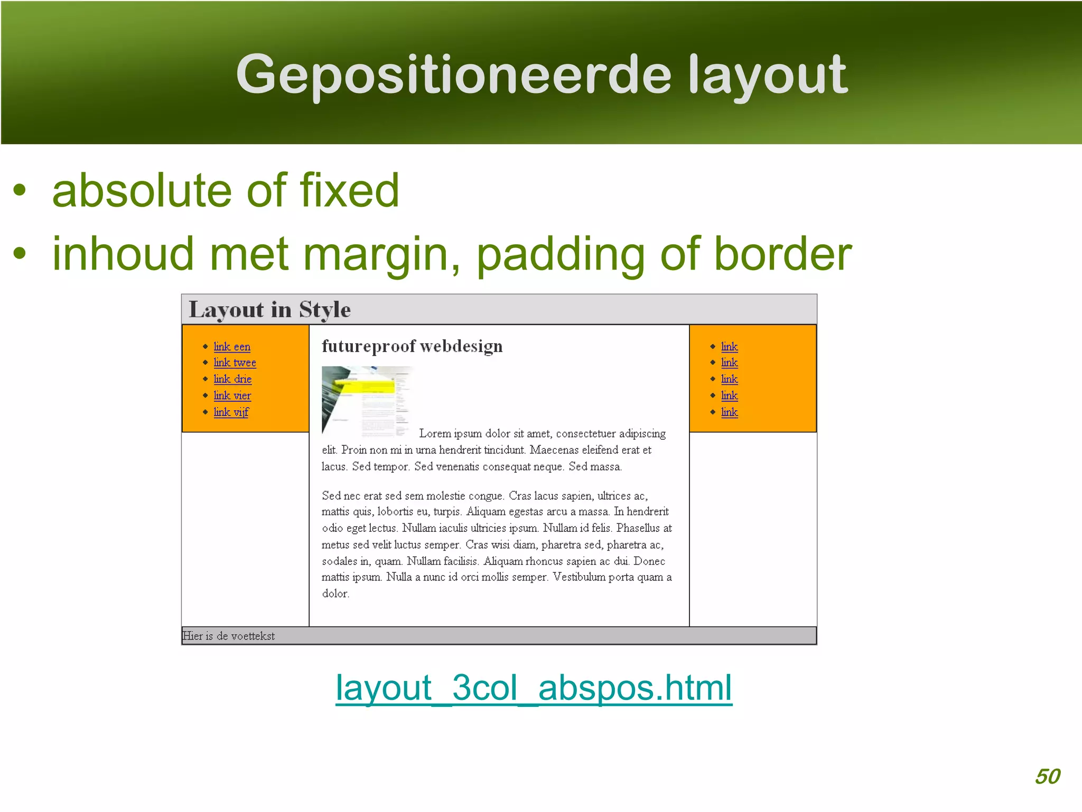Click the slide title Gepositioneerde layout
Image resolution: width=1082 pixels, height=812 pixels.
542,76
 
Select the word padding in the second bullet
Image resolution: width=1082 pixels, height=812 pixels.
560,255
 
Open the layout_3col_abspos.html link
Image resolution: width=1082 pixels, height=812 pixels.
534,688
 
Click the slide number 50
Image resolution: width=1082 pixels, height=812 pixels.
1047,776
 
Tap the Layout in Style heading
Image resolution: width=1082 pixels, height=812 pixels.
269,310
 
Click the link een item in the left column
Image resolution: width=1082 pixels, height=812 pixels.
232,347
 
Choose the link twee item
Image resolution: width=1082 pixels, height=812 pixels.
235,363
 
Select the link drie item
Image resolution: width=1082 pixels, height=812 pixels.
232,379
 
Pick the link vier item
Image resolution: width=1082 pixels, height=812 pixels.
232,395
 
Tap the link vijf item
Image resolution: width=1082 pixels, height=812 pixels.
231,412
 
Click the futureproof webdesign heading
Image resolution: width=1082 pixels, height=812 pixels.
412,346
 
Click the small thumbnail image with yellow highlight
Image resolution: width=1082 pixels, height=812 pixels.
367,401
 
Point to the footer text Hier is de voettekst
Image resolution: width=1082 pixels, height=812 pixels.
229,636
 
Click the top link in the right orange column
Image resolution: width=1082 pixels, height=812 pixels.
729,347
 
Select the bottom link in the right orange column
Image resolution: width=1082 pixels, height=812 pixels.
729,412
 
